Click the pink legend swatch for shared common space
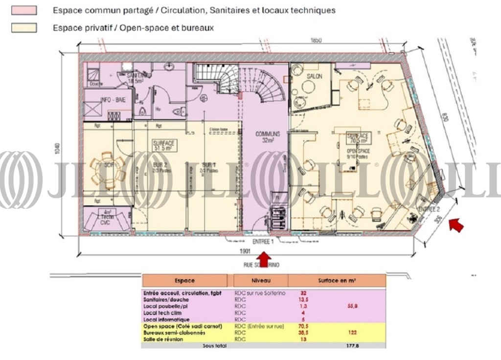coord(24,10)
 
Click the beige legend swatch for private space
coord(24,28)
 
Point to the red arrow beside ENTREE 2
coord(456,225)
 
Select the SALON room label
coord(315,77)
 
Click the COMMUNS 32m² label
coord(268,136)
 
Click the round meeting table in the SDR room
coord(107,169)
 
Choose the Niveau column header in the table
coord(260,281)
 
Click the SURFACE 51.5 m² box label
coord(164,145)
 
